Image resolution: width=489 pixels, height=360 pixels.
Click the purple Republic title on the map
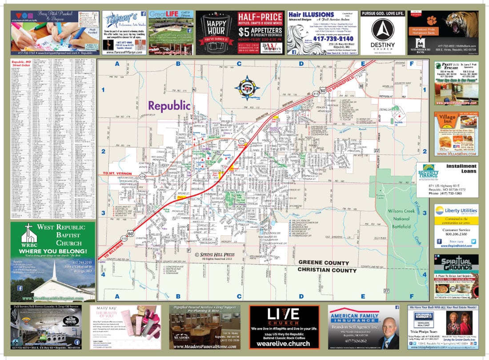[169, 106]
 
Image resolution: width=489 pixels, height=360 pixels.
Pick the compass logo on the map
[244, 87]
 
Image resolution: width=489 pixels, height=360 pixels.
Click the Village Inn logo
[447, 120]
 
